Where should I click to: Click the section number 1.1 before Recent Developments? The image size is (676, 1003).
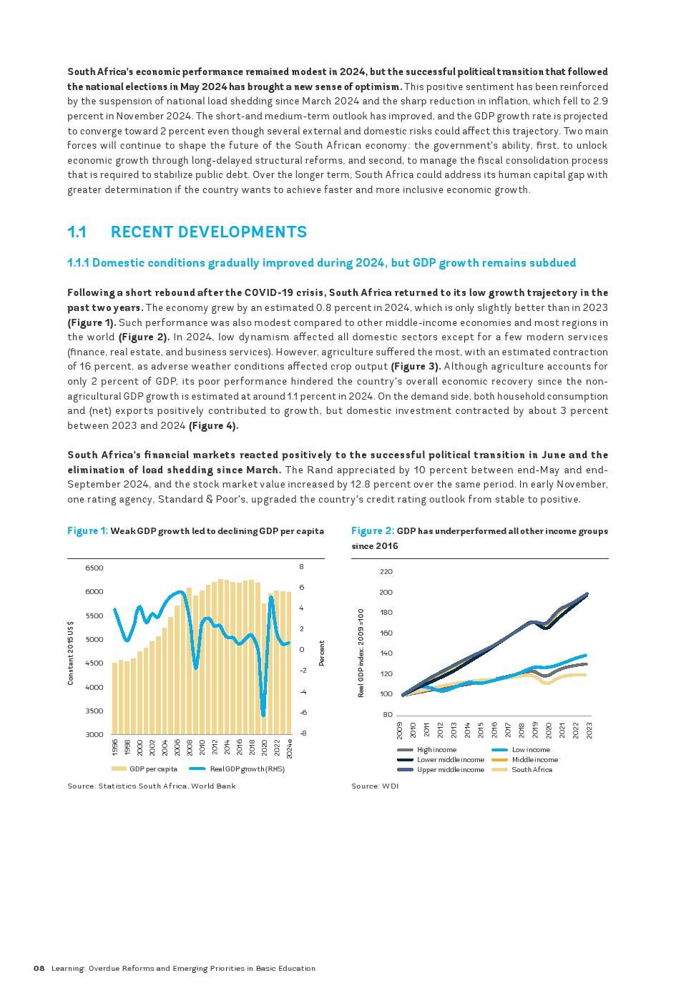pyautogui.click(x=77, y=232)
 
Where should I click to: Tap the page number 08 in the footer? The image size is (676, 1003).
pyautogui.click(x=39, y=969)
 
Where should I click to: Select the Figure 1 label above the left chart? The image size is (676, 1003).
pyautogui.click(x=87, y=531)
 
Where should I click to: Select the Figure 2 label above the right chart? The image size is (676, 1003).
pyautogui.click(x=372, y=531)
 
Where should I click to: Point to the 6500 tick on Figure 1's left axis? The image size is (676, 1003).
pyautogui.click(x=94, y=568)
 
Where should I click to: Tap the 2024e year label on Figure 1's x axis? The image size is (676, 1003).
pyautogui.click(x=290, y=747)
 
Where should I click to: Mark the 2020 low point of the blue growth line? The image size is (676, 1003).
pyautogui.click(x=263, y=714)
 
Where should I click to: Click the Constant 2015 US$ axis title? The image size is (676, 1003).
pyautogui.click(x=71, y=653)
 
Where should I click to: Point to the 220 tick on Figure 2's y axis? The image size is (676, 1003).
pyautogui.click(x=386, y=572)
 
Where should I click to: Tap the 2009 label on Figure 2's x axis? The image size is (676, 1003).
pyautogui.click(x=401, y=730)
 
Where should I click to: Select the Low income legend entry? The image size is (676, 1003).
pyautogui.click(x=531, y=750)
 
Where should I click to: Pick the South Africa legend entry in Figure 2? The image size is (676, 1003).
pyautogui.click(x=532, y=770)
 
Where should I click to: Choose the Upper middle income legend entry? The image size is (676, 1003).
pyautogui.click(x=450, y=770)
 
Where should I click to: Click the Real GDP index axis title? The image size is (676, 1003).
pyautogui.click(x=361, y=653)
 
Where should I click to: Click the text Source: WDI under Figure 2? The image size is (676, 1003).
pyautogui.click(x=375, y=786)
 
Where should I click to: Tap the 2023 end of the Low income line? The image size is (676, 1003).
pyautogui.click(x=587, y=655)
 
